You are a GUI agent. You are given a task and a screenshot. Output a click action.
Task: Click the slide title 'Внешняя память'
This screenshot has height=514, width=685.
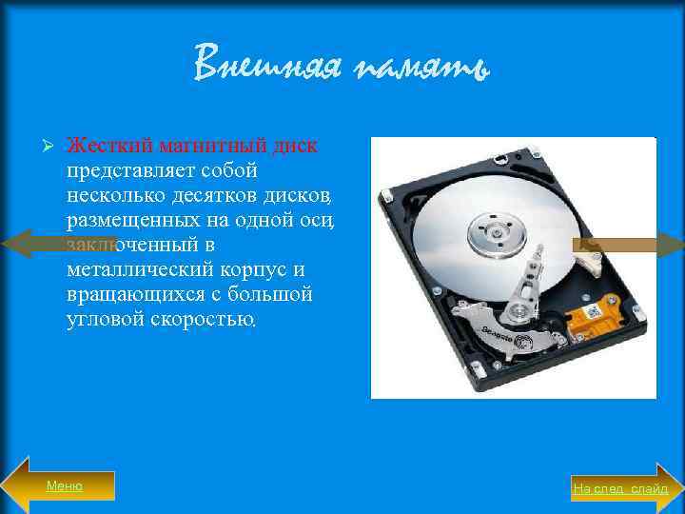point(342,64)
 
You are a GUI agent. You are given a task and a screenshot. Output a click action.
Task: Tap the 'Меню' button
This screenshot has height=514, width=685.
point(65,485)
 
